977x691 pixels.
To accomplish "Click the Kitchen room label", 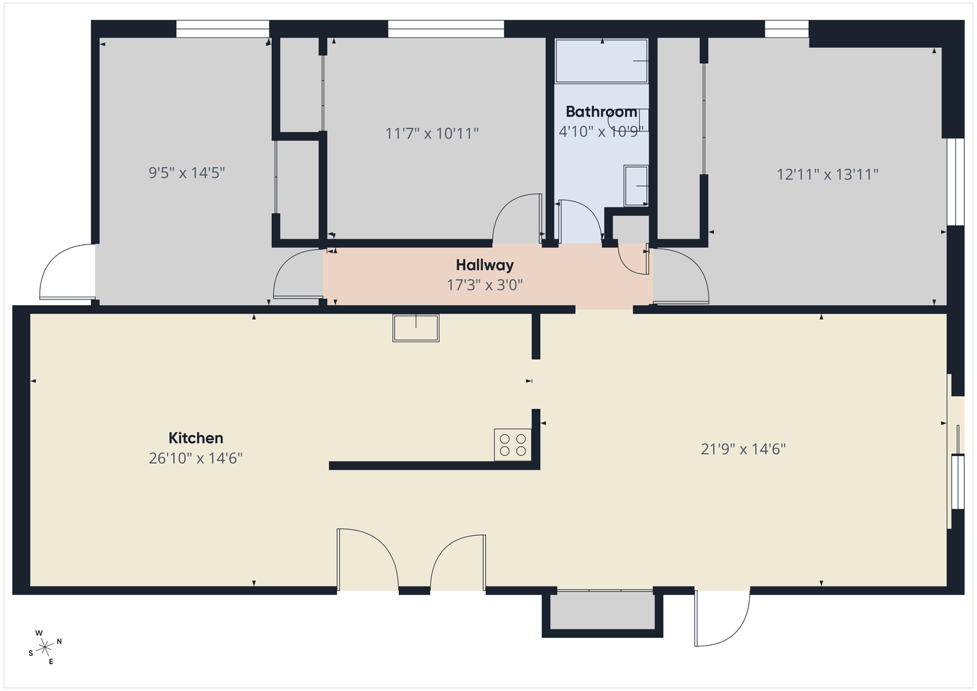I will (x=196, y=438).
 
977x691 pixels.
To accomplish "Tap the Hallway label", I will (x=484, y=265).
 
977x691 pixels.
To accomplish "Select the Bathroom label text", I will (x=601, y=112).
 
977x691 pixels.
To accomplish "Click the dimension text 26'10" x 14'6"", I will (x=196, y=458).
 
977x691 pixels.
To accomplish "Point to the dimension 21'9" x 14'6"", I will (x=743, y=449).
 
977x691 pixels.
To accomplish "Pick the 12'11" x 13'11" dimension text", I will (x=827, y=174).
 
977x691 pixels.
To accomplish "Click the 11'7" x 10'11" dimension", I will (x=432, y=133).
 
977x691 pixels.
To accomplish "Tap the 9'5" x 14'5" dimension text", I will (x=187, y=173).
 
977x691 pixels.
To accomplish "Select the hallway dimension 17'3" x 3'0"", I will (x=484, y=285).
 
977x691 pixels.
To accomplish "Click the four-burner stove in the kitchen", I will (x=512, y=445).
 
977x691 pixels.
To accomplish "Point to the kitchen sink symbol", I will (x=416, y=328).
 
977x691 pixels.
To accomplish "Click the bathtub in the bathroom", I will (x=601, y=61).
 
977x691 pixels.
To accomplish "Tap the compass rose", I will (x=45, y=647).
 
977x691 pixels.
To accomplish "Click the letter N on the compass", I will (x=60, y=641).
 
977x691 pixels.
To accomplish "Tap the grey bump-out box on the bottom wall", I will (x=602, y=611).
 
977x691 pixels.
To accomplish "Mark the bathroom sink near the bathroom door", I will (x=636, y=186).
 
